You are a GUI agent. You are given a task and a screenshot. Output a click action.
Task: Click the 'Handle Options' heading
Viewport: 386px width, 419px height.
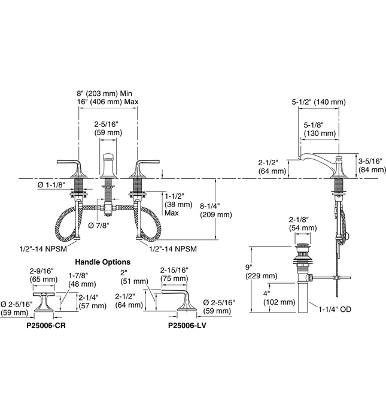(102, 262)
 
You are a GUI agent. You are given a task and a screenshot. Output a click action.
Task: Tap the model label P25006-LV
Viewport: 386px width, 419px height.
(189, 326)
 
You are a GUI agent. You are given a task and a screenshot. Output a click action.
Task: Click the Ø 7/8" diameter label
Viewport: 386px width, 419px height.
(100, 225)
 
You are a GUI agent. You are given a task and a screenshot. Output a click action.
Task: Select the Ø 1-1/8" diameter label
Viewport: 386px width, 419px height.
(51, 186)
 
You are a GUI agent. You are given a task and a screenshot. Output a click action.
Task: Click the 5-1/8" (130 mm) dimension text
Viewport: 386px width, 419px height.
(320, 129)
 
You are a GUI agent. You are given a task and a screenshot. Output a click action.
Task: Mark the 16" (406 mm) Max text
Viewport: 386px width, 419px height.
(107, 102)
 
